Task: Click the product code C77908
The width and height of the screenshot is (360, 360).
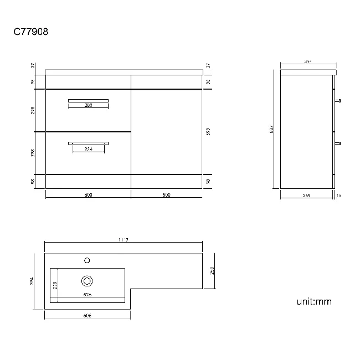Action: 30,32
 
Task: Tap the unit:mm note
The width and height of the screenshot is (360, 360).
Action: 313,302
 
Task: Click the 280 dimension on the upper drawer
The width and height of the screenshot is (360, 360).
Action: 88,106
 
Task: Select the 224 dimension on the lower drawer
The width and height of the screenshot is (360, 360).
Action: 88,149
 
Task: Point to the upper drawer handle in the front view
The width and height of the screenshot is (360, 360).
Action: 88,100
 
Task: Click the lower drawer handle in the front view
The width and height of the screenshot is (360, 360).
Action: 88,143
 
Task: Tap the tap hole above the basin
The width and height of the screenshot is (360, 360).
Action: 87,259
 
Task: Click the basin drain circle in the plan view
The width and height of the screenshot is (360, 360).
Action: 87,280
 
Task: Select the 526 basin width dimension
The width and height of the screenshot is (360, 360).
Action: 88,294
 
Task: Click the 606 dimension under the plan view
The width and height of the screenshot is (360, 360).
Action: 88,315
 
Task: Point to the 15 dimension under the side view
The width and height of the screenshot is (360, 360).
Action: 340,195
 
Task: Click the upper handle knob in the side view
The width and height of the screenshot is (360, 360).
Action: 338,101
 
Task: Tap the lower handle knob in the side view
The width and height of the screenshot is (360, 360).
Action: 338,143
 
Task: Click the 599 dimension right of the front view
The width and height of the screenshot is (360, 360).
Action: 208,131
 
